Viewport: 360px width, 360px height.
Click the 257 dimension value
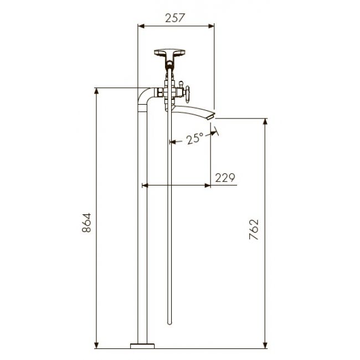click(175, 18)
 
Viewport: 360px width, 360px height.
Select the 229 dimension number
click(225, 177)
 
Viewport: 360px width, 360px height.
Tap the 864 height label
click(86, 223)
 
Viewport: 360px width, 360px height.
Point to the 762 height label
click(254, 229)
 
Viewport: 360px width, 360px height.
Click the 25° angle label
click(195, 138)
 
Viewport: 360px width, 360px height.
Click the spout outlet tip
click(211, 117)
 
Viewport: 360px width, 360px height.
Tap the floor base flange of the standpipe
click(142, 346)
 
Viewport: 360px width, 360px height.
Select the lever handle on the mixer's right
click(187, 95)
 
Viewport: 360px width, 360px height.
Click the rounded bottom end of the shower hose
click(169, 323)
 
